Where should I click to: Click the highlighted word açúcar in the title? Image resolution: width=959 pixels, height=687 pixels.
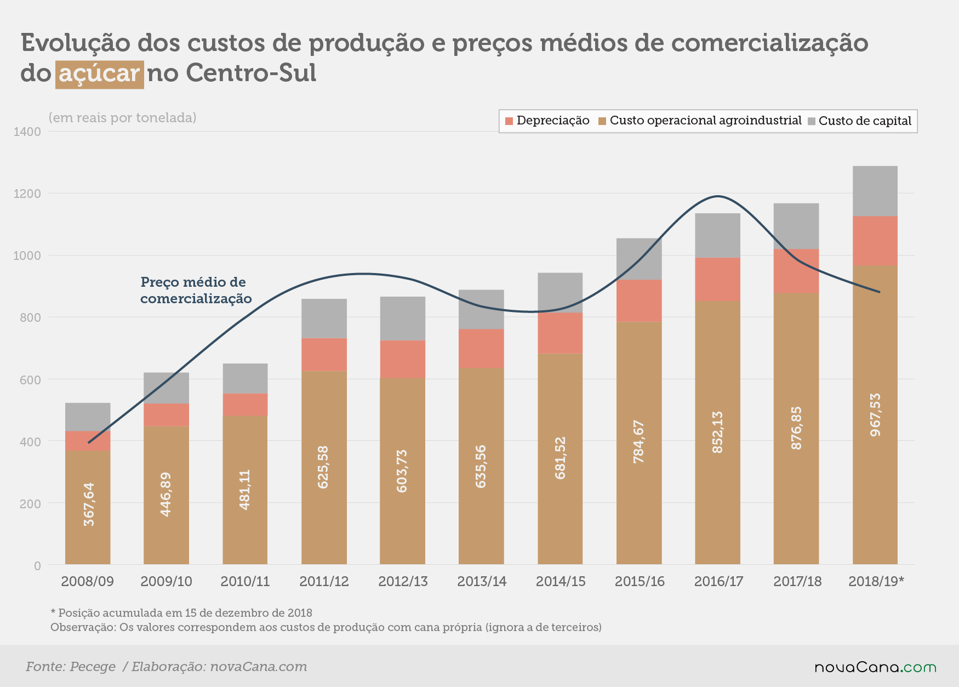99,74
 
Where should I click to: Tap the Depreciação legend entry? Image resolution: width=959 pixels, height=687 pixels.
547,121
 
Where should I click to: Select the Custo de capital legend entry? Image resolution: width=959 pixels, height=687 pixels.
860,121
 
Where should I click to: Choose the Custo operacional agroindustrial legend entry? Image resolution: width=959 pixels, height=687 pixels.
700,121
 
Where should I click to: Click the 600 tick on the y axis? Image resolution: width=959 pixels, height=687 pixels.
30,379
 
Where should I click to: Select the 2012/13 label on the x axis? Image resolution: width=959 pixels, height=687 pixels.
403,581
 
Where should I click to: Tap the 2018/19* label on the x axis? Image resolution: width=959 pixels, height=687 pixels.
876,581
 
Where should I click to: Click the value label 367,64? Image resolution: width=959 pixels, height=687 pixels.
89,504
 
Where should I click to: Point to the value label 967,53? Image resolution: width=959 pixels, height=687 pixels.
875,415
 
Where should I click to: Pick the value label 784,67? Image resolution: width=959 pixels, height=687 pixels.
639,441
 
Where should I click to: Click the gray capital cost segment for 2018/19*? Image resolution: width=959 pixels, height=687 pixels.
875,191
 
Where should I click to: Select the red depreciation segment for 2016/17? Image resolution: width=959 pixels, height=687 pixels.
717,280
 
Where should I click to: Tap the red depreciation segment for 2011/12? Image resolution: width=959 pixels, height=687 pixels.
324,355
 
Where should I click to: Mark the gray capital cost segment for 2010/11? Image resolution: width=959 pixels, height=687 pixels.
245,378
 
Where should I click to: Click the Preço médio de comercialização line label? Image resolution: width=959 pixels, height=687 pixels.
196,290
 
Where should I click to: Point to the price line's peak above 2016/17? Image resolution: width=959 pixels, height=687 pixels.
718,196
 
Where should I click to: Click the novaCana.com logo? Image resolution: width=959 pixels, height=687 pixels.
875,667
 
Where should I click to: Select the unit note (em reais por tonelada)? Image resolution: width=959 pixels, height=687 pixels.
122,118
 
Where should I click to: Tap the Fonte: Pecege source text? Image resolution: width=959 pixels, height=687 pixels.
71,667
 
